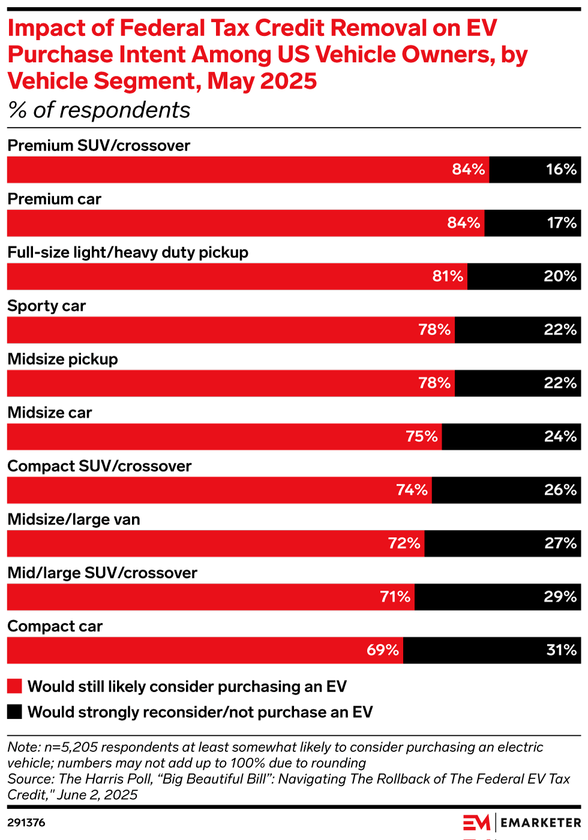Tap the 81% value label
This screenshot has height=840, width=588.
point(448,276)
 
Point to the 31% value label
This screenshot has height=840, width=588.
point(561,650)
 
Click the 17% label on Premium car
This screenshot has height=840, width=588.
point(561,223)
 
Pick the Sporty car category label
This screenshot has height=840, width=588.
point(47,306)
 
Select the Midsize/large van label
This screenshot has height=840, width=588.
point(74,519)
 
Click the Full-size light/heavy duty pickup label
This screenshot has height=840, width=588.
point(128,252)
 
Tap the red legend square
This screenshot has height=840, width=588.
point(14,686)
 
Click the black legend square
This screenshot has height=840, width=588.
point(14,712)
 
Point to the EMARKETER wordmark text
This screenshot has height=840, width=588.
point(541,823)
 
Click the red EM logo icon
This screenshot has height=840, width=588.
point(476,823)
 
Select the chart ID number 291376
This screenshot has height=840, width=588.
point(26,823)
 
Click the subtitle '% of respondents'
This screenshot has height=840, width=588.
point(99,110)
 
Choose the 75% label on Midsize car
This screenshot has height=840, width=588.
point(421,436)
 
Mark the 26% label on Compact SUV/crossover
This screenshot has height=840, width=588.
point(560,490)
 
